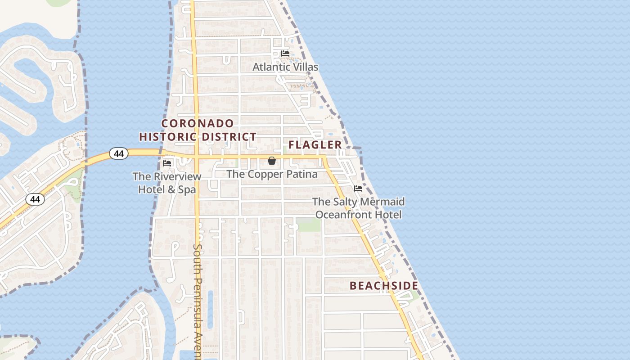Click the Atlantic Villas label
tap(285, 67)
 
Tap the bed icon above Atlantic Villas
tap(285, 54)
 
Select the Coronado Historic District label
tap(198, 130)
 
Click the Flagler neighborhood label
tap(315, 145)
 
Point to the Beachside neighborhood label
tap(384, 286)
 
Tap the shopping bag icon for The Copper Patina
tap(272, 161)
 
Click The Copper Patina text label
tap(272, 174)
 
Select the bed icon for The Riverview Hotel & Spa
tap(167, 163)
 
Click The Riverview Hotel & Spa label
tap(167, 183)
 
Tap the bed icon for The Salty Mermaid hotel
tap(358, 188)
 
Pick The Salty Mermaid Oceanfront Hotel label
tap(359, 208)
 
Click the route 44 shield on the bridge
tap(119, 154)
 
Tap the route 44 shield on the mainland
tap(35, 199)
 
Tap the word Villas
tap(305, 67)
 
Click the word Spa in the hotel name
tap(187, 189)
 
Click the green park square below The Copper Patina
tap(308, 224)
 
